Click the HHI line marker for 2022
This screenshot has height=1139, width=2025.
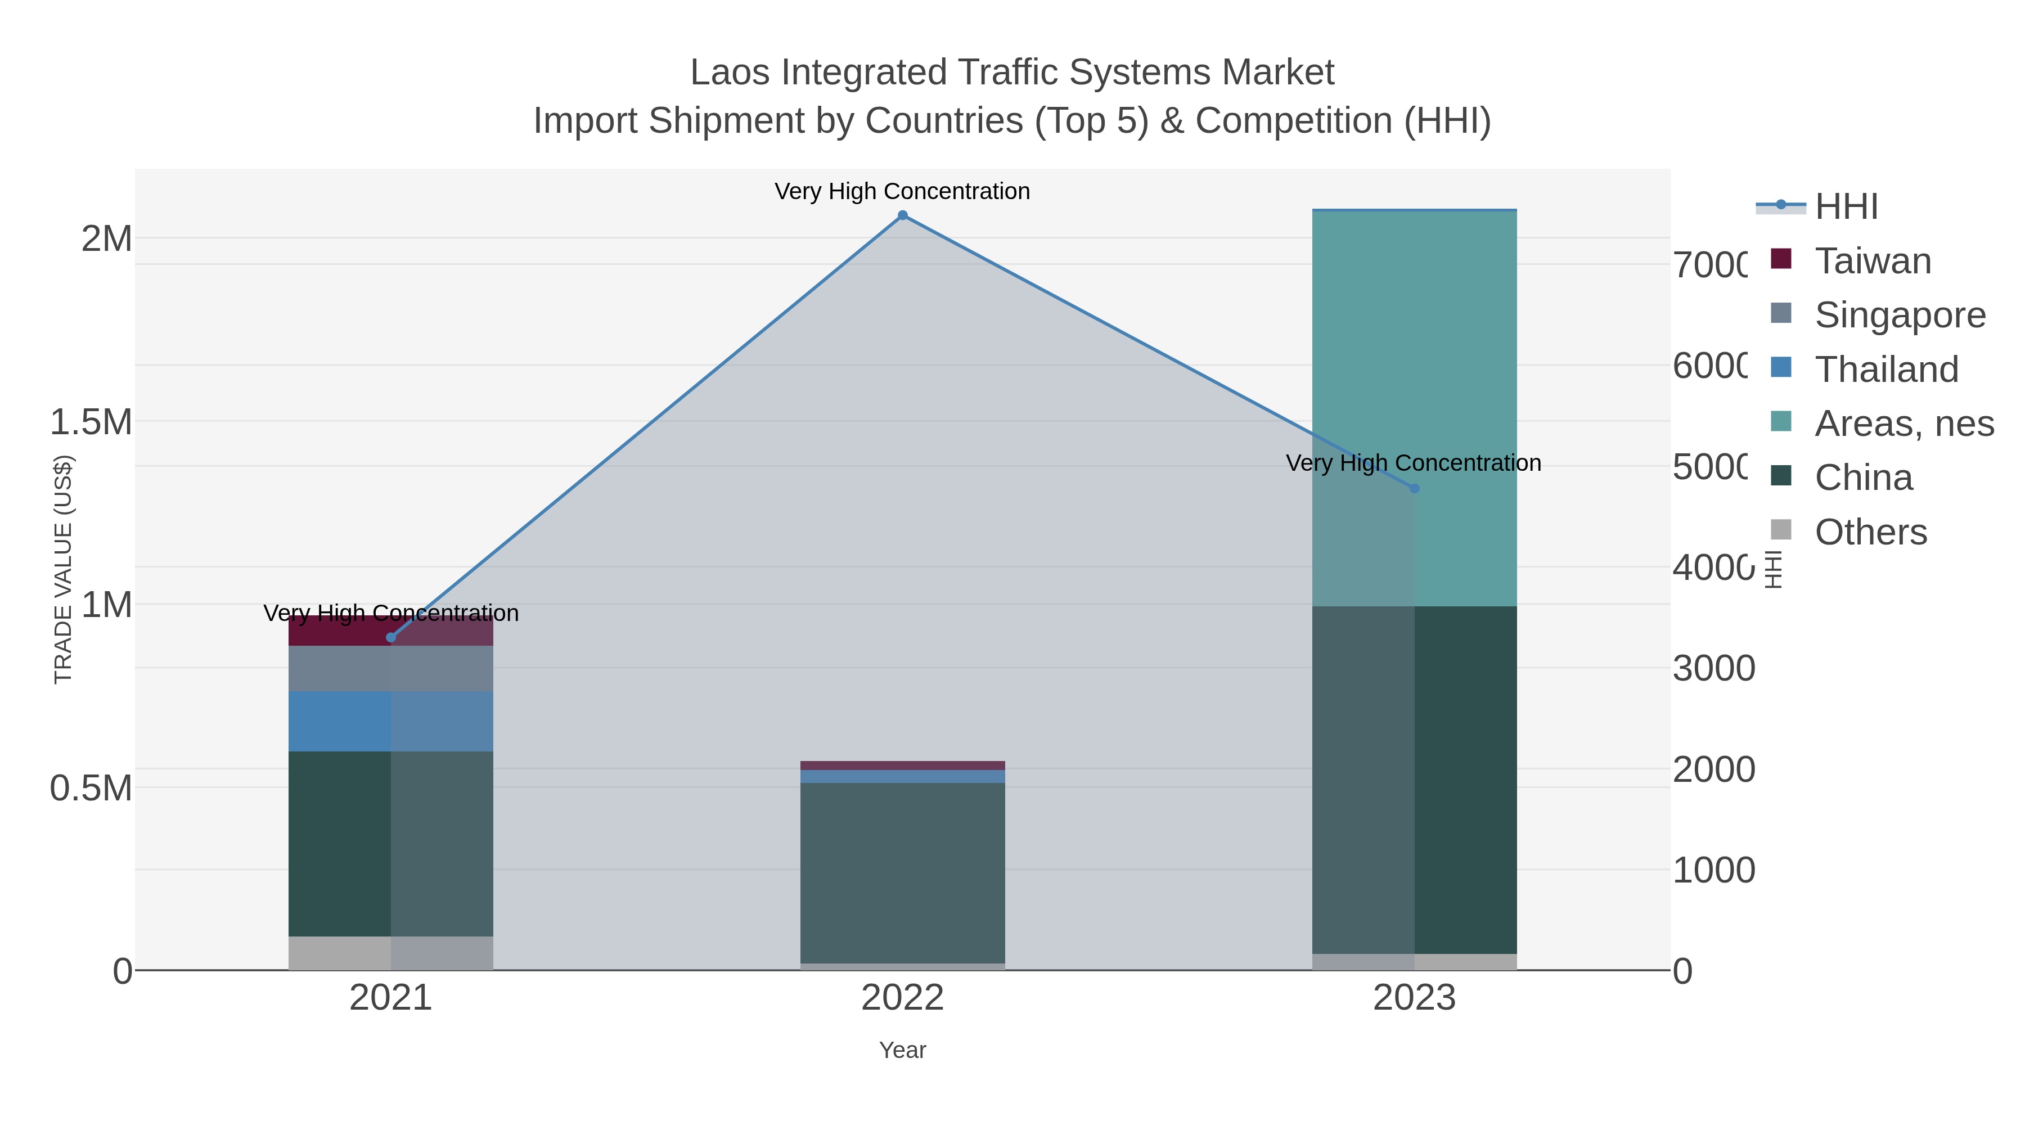click(902, 215)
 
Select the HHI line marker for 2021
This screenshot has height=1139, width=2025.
click(391, 637)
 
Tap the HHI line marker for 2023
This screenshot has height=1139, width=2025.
click(1414, 488)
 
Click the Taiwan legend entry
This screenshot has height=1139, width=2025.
click(1873, 261)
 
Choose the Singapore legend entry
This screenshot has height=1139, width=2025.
click(1899, 315)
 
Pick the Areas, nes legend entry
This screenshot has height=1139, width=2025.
click(1903, 424)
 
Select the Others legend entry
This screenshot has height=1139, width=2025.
click(1870, 532)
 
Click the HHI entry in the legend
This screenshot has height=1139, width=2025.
click(1846, 207)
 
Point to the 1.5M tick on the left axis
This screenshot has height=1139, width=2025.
click(91, 422)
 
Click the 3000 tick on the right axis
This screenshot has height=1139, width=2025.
click(1714, 668)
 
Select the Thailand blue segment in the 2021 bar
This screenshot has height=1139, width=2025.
click(391, 721)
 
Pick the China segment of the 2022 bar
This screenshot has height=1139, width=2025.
click(902, 872)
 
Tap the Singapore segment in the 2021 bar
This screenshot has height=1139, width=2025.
click(391, 668)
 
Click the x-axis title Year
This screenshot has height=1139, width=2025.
click(902, 1050)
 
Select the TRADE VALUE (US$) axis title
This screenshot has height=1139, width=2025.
click(63, 569)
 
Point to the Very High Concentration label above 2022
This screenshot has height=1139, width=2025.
click(902, 191)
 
